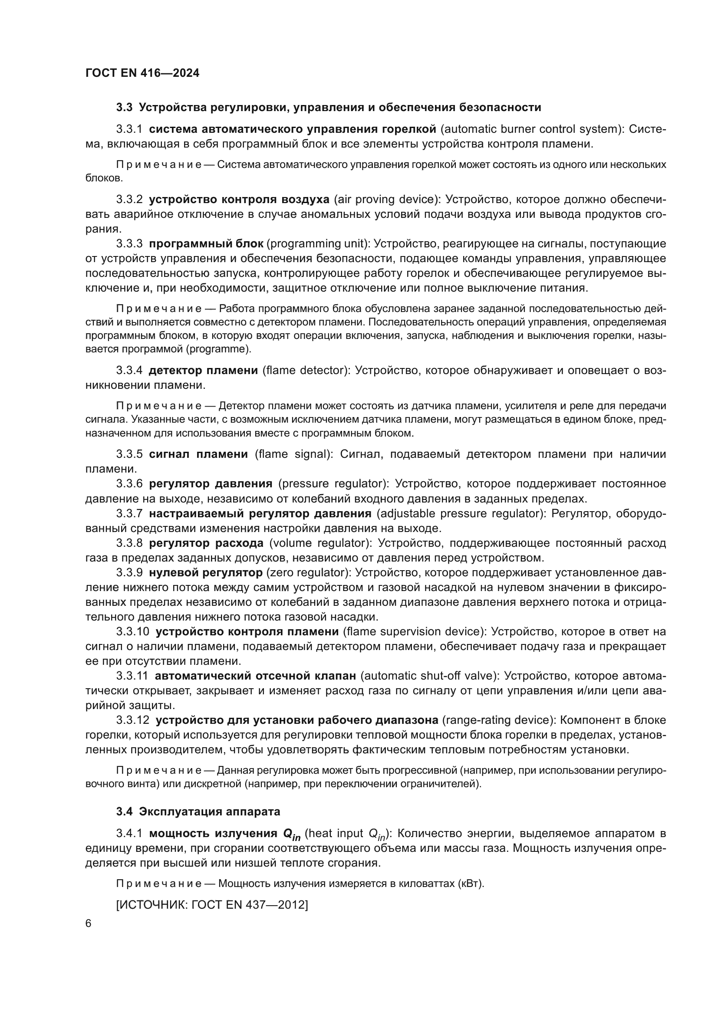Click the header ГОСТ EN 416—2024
pos(142,73)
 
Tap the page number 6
pos(89,923)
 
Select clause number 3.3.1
pos(129,129)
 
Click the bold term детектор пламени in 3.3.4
pos(203,371)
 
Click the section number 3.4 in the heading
pos(124,811)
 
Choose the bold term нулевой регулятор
pos(206,572)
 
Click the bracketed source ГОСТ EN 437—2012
pos(212,904)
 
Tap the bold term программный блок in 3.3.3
pos(206,243)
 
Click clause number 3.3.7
pos(129,514)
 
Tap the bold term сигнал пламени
pos(198,454)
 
